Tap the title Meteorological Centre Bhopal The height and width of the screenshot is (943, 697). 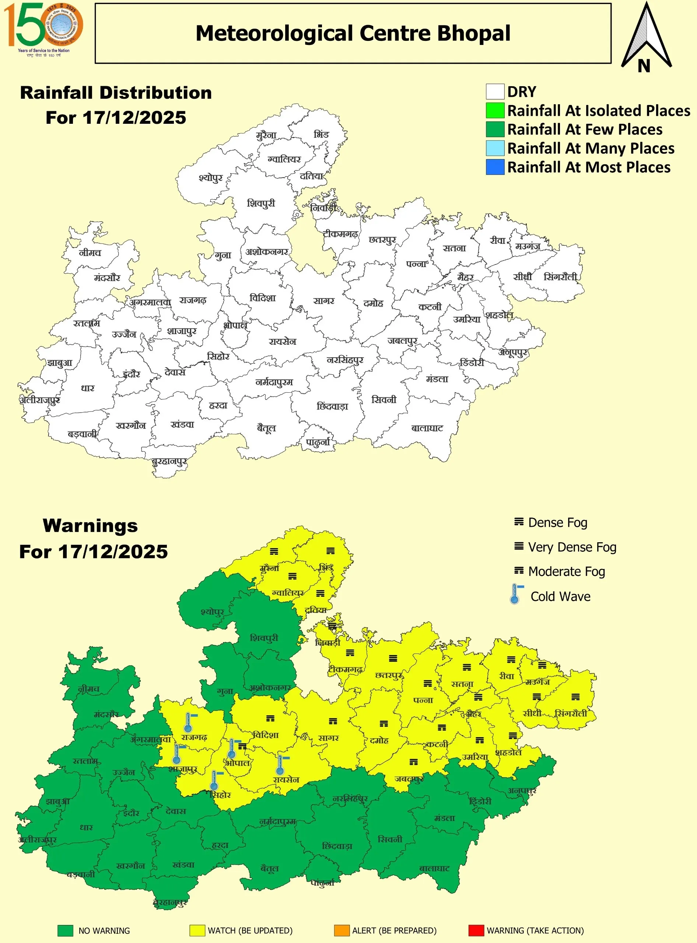tap(353, 33)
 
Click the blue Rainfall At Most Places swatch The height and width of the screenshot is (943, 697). tap(494, 167)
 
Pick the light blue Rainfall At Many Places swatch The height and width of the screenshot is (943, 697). tap(494, 148)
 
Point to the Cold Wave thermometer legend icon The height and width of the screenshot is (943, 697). tap(515, 594)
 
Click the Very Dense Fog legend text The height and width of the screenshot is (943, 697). tap(572, 547)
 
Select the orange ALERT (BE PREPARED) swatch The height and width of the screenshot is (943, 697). tap(342, 930)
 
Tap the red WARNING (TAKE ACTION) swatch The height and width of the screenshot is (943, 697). tap(476, 930)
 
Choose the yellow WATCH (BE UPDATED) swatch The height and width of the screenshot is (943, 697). tap(197, 930)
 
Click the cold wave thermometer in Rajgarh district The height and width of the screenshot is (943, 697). tap(188, 722)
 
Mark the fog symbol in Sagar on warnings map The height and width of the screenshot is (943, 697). tap(333, 722)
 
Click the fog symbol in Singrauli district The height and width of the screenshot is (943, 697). tap(575, 697)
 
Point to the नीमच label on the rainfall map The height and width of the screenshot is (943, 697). tap(90, 253)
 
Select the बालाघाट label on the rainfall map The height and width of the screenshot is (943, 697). tap(427, 428)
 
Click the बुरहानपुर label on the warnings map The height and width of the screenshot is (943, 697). tap(170, 902)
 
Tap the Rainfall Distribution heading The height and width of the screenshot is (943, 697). tap(116, 93)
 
